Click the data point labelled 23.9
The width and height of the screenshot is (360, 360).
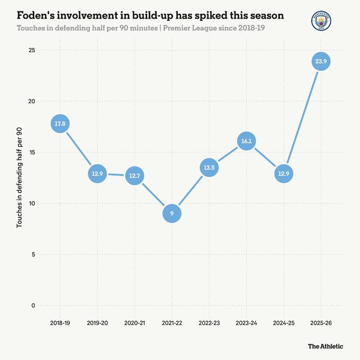pos(320,62)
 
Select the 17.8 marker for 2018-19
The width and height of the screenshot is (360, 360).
pos(60,124)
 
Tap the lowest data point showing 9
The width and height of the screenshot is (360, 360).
pos(171,214)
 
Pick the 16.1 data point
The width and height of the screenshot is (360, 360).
pos(246,141)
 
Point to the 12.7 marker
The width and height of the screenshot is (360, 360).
pos(134,176)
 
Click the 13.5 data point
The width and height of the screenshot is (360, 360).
pos(208,168)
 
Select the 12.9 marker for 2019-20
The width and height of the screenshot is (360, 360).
pos(97,174)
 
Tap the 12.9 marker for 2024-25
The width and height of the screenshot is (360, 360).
pos(283,174)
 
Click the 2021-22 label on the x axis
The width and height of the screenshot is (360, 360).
pos(171,323)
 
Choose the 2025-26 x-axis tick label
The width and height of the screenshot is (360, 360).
pos(320,323)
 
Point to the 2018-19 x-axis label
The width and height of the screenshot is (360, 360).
pos(60,323)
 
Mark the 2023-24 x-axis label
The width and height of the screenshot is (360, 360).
pos(246,323)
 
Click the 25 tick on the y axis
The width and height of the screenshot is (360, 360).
pos(32,50)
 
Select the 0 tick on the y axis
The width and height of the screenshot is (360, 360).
pos(33,305)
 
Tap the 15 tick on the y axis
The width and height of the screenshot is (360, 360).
pos(32,152)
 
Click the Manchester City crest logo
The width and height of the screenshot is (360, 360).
pos(320,21)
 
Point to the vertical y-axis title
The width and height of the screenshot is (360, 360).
pos(20,177)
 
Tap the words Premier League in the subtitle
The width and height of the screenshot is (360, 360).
pos(182,27)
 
